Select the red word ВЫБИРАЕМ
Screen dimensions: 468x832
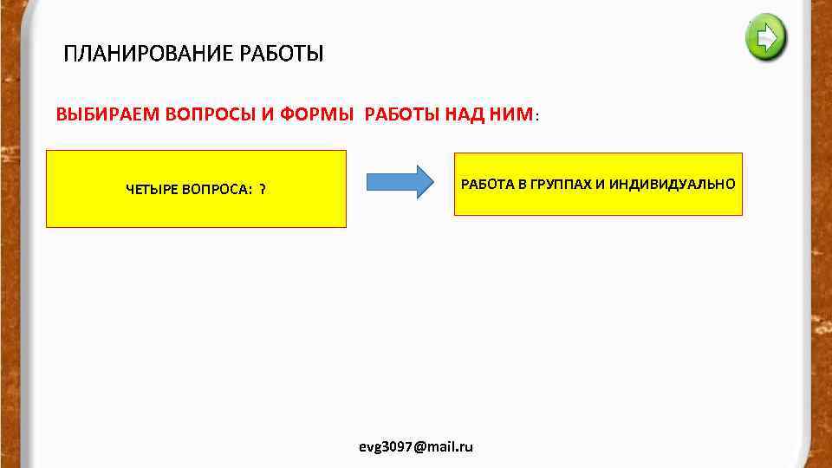click(x=98, y=114)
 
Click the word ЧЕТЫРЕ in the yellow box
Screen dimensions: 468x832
click(x=152, y=190)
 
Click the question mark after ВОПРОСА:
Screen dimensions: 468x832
click(x=263, y=190)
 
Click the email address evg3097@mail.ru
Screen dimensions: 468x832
click(x=416, y=446)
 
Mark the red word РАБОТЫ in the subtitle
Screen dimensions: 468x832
click(x=401, y=114)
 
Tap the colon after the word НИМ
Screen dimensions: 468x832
click(x=538, y=116)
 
